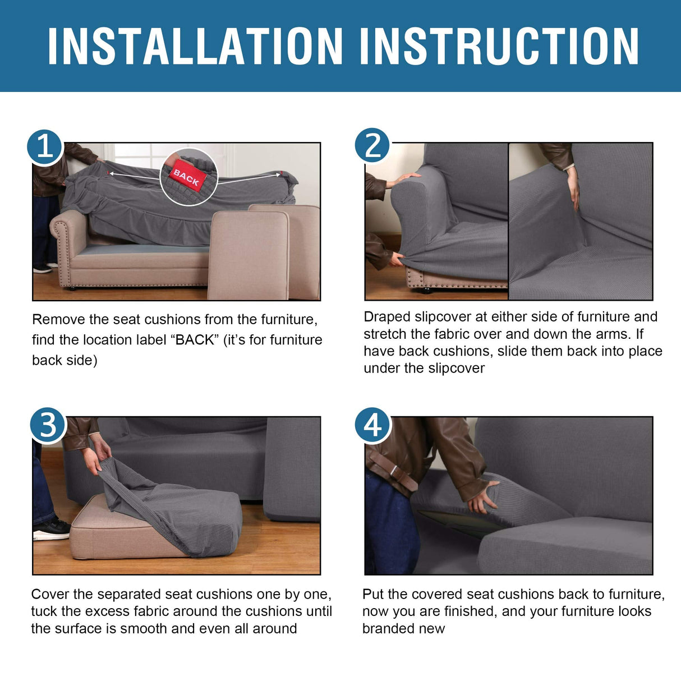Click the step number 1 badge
click(x=45, y=148)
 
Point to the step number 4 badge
click(x=372, y=425)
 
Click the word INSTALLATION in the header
click(x=195, y=47)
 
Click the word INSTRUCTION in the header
click(x=499, y=47)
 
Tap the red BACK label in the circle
click(x=187, y=178)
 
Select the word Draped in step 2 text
click(x=386, y=317)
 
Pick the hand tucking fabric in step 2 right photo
click(x=573, y=188)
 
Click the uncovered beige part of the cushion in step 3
click(x=112, y=533)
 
